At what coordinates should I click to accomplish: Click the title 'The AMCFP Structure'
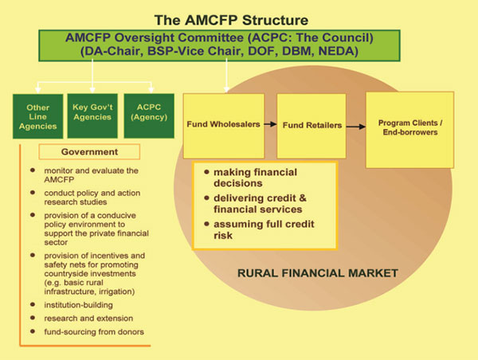[x=231, y=20]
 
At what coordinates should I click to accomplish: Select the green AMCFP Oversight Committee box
[x=219, y=45]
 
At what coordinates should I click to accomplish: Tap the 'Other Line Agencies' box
[x=37, y=116]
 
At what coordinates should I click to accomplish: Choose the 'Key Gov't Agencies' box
[x=92, y=115]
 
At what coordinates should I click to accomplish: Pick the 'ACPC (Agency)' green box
[x=149, y=115]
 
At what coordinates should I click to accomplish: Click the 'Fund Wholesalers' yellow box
[x=223, y=126]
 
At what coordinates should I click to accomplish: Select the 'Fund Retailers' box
[x=311, y=126]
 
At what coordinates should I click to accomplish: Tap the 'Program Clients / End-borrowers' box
[x=409, y=130]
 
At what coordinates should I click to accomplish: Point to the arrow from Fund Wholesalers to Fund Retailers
[x=270, y=124]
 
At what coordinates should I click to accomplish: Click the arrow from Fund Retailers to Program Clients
[x=356, y=127]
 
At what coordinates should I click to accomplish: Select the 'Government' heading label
[x=89, y=152]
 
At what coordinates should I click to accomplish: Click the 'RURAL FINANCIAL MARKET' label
[x=318, y=273]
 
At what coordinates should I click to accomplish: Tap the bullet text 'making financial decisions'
[x=255, y=178]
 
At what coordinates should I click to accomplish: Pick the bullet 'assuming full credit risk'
[x=264, y=229]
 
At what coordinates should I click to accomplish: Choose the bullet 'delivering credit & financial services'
[x=260, y=204]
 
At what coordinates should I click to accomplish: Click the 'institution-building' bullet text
[x=78, y=305]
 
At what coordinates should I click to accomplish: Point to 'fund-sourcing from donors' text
[x=94, y=331]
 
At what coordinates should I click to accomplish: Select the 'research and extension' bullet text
[x=88, y=319]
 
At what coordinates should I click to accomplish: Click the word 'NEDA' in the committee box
[x=338, y=51]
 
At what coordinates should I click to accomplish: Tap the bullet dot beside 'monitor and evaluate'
[x=33, y=170]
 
